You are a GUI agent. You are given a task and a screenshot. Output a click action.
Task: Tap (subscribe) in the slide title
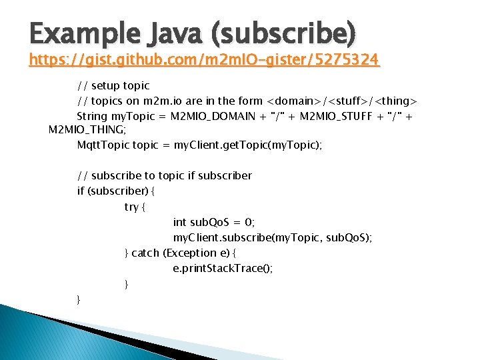coord(279,32)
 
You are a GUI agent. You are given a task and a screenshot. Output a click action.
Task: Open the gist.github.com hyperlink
coord(204,61)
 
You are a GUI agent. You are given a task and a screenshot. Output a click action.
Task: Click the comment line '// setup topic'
coord(113,85)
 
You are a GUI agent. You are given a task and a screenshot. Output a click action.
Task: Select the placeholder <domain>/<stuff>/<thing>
coord(342,101)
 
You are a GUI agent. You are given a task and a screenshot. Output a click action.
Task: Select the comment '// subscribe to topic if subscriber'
coord(165,175)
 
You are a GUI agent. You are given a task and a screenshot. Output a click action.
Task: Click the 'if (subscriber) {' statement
coord(116,191)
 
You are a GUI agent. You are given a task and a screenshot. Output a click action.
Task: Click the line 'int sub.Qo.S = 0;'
coord(214,222)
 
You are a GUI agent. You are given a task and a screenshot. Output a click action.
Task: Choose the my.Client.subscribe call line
coord(273,237)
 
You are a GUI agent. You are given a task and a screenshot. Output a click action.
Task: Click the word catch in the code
coord(145,253)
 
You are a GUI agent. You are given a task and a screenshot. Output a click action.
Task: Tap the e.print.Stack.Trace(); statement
coord(223,268)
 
